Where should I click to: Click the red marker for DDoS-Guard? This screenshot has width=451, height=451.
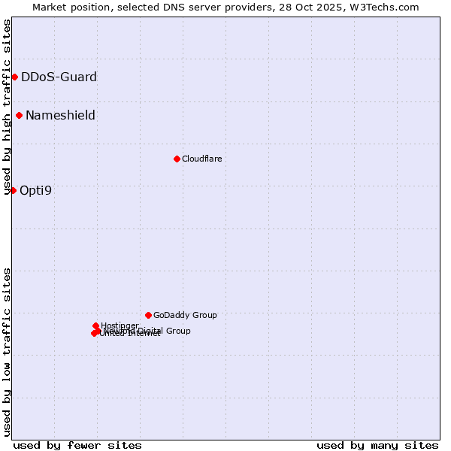[x=14, y=77]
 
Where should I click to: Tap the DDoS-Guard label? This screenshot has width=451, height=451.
[x=59, y=77]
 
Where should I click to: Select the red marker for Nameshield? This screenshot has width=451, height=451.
[x=19, y=115]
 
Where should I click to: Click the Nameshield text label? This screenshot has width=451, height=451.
[x=60, y=115]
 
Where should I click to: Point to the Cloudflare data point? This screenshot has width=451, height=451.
[x=177, y=159]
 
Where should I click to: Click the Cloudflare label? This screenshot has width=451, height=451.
[x=201, y=159]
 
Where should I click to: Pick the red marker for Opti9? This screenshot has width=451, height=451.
[x=13, y=190]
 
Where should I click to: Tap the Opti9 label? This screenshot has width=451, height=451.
[x=35, y=190]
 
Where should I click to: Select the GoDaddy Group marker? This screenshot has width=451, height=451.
[x=148, y=315]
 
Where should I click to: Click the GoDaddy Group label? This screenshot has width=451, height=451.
[x=185, y=315]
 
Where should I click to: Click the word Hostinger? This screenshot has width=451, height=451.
[x=120, y=325]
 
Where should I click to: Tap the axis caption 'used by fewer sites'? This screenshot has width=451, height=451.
[x=77, y=445]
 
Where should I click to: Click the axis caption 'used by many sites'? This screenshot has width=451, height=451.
[x=377, y=445]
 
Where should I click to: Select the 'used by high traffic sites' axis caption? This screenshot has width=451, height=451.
[x=7, y=107]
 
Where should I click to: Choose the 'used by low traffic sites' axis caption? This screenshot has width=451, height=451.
[x=7, y=352]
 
